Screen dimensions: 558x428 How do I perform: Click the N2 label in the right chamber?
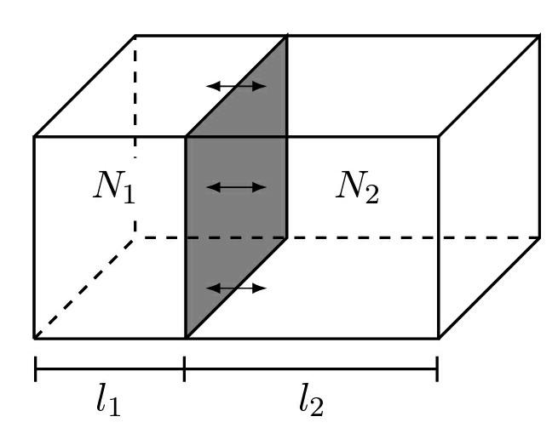click(x=356, y=189)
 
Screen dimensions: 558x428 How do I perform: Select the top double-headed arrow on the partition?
click(x=237, y=86)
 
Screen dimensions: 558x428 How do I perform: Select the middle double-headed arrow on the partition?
click(x=237, y=187)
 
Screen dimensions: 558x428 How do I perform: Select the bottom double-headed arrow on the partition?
click(x=237, y=288)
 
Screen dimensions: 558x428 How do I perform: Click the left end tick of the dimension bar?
click(x=35, y=369)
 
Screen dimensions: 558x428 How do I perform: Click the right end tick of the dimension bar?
click(x=437, y=369)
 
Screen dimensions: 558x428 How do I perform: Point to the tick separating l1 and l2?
click(x=185, y=369)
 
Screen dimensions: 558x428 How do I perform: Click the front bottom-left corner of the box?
click(x=35, y=338)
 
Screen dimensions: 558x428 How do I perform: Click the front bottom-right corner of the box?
click(x=438, y=338)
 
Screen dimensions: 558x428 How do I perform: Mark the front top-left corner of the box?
click(x=35, y=136)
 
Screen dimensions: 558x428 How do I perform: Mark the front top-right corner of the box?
click(x=438, y=136)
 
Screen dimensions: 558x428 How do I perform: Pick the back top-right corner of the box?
click(x=539, y=36)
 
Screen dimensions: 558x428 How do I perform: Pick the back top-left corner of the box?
click(x=135, y=36)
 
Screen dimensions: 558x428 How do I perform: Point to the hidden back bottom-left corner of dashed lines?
click(x=135, y=237)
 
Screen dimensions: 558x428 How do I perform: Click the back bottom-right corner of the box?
click(x=539, y=237)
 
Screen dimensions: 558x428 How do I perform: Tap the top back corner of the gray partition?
click(x=286, y=36)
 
